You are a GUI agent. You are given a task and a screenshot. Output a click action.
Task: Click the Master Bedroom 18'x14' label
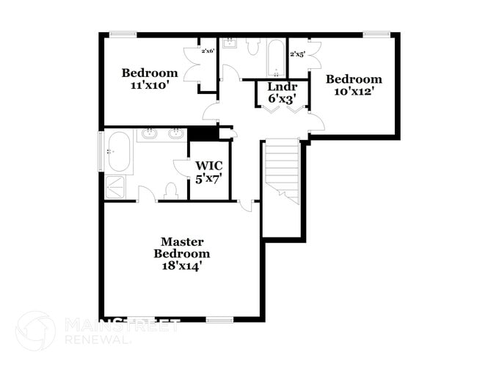[x=182, y=254]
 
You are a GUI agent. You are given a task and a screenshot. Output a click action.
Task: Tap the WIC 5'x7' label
[x=208, y=172]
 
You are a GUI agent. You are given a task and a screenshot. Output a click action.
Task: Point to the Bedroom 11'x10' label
[x=150, y=78]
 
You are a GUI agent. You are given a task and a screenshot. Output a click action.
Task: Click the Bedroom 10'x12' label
[x=354, y=85]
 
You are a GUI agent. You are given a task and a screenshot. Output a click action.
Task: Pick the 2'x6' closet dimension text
[x=208, y=51]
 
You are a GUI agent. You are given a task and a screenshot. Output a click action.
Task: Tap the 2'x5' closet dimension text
[x=297, y=54]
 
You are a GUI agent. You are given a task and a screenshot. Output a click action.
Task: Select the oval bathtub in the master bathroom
[x=118, y=152]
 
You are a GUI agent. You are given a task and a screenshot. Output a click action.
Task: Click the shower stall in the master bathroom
[x=115, y=186]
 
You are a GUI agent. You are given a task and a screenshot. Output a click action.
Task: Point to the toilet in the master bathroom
[x=171, y=191]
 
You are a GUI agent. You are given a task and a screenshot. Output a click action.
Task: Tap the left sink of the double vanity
[x=149, y=133]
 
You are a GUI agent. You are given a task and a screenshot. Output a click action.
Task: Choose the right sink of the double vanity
[x=176, y=133]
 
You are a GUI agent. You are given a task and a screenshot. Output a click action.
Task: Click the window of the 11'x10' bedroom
[x=123, y=34]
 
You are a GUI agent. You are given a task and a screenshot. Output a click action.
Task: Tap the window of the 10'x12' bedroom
[x=376, y=34]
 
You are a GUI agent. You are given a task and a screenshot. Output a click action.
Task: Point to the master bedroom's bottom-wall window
[x=219, y=319]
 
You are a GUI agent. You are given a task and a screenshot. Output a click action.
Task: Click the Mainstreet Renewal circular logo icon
[x=35, y=331]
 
